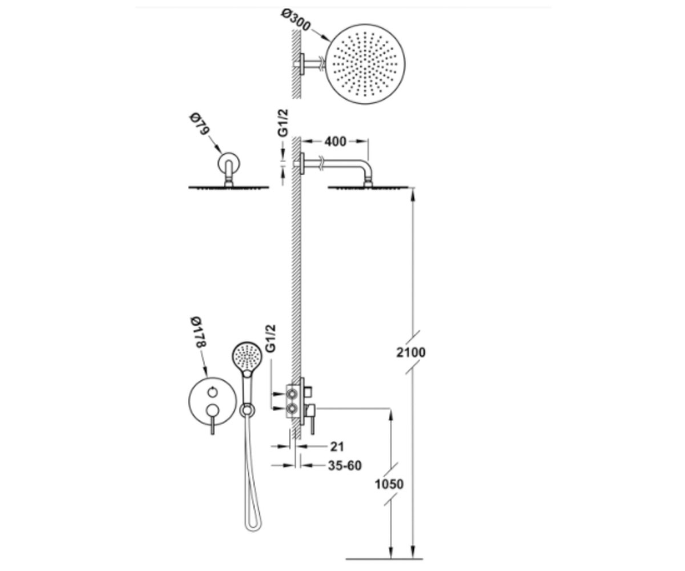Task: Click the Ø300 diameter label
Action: pos(296,21)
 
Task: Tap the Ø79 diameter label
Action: pos(199,124)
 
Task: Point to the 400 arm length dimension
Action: pos(335,142)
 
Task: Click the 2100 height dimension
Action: pos(411,352)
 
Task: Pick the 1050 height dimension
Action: pos(389,484)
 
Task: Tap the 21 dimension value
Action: pos(337,447)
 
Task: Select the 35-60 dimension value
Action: pos(345,465)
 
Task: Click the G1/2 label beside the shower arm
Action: pos(283,123)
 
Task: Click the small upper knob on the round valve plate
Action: pos(212,392)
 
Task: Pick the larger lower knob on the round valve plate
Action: pos(212,411)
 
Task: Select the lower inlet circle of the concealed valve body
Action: pos(292,409)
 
